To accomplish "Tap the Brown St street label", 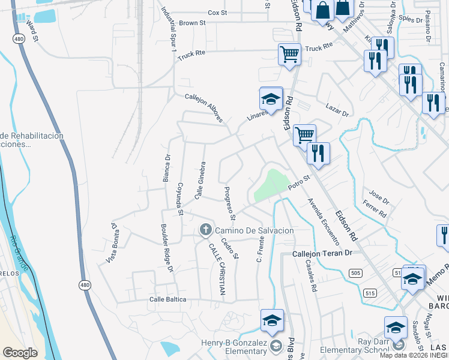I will click(192, 23).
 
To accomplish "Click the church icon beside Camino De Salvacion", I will click(205, 229).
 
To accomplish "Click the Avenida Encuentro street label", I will click(324, 222).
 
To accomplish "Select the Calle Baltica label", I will click(167, 299).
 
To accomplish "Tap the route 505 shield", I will click(355, 274).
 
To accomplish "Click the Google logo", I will click(20, 353).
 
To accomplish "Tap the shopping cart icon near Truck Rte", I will click(289, 54).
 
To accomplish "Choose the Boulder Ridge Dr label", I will click(166, 249).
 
